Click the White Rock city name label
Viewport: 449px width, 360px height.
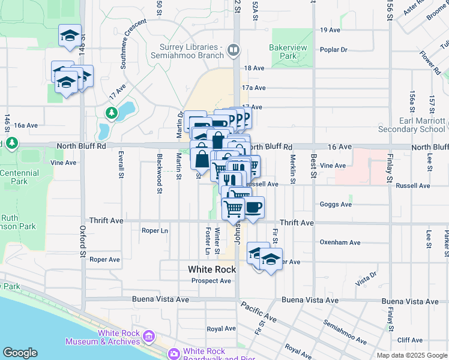[x=212, y=269]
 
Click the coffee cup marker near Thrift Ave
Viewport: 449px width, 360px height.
[x=253, y=208]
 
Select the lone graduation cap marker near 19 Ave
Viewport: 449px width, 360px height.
[x=70, y=35]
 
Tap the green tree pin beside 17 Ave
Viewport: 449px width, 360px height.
[x=111, y=112]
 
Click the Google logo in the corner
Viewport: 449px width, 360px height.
[x=20, y=353]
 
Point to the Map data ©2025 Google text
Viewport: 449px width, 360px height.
[x=412, y=355]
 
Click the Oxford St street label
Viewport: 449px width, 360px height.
[x=82, y=241]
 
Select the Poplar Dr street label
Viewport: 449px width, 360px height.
[x=334, y=49]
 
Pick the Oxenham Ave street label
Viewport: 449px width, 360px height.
[x=340, y=242]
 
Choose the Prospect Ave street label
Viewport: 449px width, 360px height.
[x=211, y=281]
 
